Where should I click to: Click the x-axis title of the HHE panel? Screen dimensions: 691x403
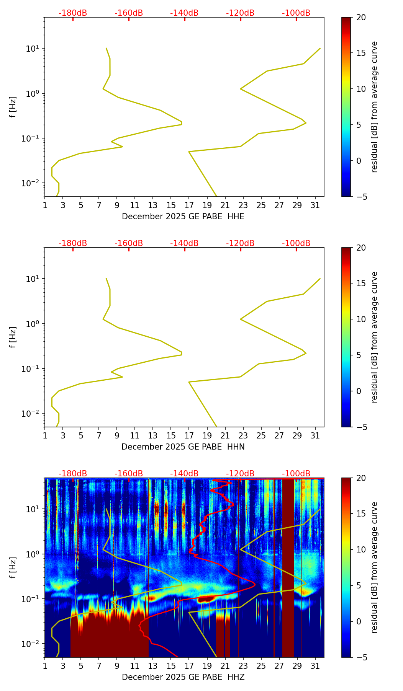coord(183,217)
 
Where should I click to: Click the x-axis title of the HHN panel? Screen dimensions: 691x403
coord(183,447)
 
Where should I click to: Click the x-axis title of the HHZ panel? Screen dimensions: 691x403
coord(183,677)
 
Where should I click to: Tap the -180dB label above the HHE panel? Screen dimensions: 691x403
coord(73,13)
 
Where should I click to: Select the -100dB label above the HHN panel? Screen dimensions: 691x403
coord(296,243)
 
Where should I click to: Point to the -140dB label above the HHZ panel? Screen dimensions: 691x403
coord(184,474)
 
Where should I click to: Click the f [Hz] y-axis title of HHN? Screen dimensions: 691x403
coord(13,337)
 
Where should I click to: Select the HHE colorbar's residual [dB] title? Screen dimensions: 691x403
coord(374,107)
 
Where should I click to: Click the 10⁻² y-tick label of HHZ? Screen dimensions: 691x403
coord(31,644)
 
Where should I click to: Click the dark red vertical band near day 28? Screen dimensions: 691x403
coord(288,566)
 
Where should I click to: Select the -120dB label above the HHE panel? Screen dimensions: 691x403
coord(240,13)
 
